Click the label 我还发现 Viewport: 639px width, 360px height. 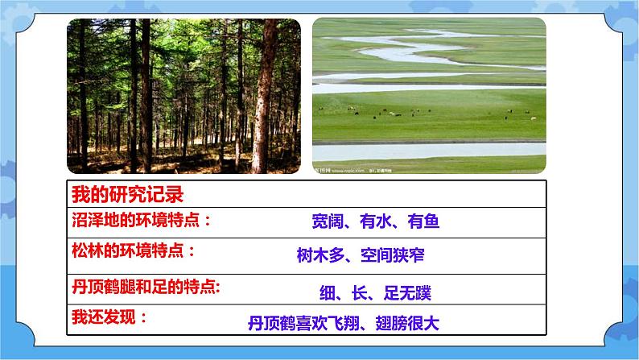pos(109,317)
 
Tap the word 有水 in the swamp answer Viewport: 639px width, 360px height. pos(374,223)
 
